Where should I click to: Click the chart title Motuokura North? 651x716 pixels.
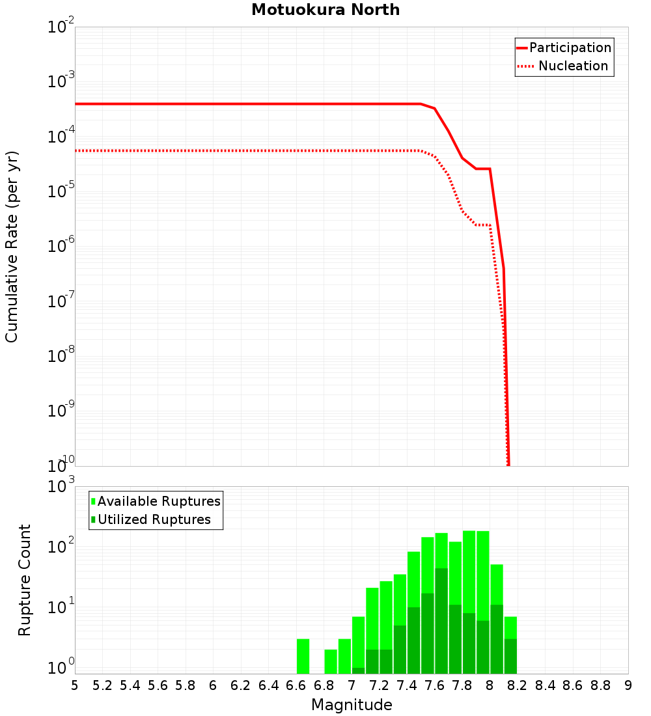325,10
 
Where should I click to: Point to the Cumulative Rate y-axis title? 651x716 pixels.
12,246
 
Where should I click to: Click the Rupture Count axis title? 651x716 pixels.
25,580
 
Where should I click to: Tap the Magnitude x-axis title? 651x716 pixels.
352,705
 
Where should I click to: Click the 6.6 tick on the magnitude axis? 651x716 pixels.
296,685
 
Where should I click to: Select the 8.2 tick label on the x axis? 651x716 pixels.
518,685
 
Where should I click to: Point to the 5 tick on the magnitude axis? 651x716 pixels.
75,685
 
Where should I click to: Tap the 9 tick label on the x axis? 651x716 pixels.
628,685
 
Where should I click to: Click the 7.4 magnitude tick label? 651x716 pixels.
407,685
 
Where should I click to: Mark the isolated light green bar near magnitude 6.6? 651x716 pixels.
303,656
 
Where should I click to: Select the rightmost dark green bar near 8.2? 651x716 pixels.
510,656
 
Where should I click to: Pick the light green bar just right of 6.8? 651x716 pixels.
331,661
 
